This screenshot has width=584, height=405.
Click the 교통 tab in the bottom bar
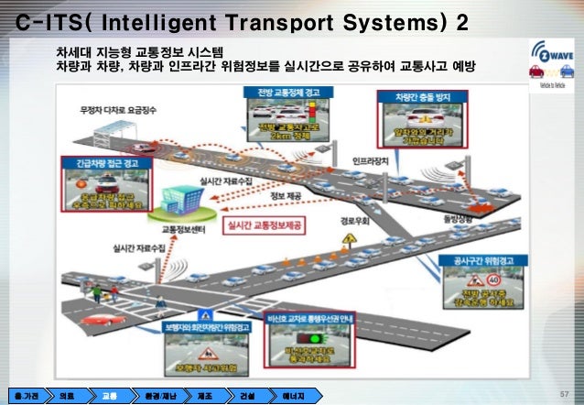coord(108,395)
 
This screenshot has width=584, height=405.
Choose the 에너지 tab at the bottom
coord(291,395)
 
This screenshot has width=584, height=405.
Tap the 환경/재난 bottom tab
coord(156,395)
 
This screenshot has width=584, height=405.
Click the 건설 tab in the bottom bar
coord(245,395)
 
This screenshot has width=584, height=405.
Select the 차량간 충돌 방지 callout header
coord(414,95)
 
